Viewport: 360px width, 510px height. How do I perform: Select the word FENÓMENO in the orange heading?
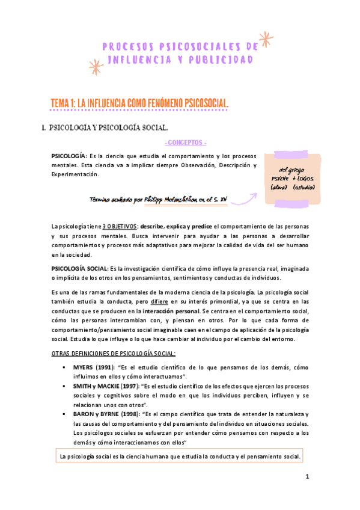(157, 105)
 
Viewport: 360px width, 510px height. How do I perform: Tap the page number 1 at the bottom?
(307, 477)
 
